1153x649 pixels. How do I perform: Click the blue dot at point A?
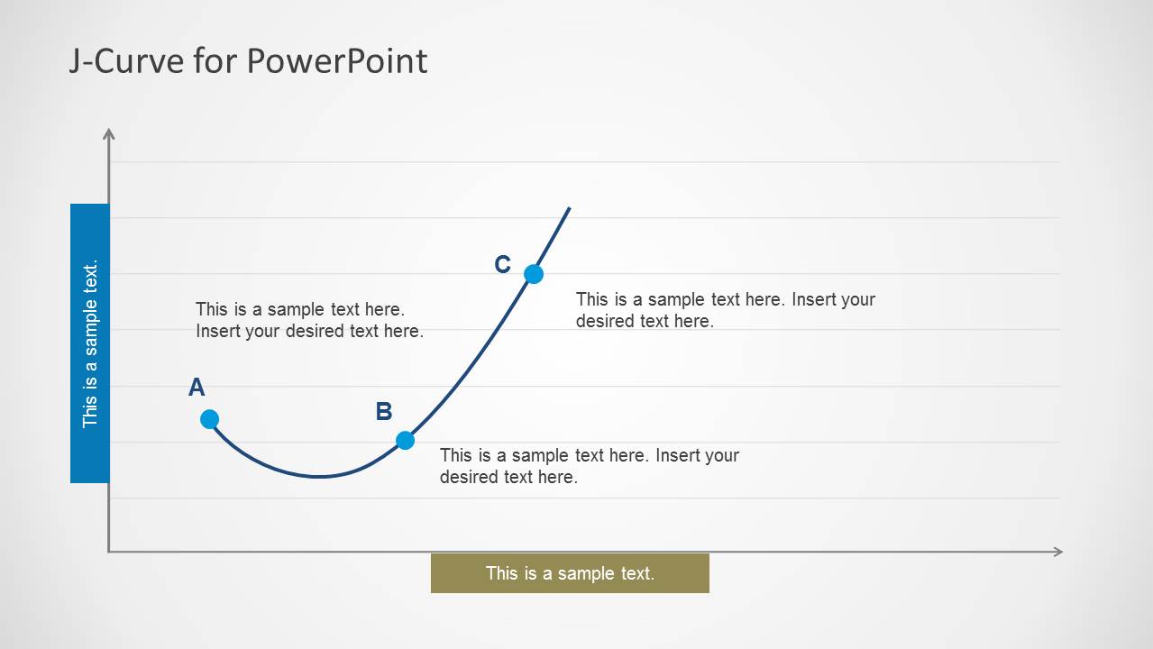point(209,419)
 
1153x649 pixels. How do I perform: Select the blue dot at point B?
point(405,441)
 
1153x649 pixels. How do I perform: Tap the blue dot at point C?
point(534,274)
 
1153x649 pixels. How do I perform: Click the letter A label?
point(197,387)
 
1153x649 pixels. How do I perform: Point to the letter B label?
point(384,411)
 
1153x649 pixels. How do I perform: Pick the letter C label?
point(502,264)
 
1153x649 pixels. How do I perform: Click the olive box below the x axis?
point(570,573)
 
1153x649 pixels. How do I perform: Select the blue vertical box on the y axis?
point(90,343)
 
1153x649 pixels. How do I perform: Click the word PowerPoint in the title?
point(336,61)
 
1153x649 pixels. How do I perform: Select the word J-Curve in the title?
point(126,61)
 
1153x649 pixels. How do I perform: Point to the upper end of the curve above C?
point(570,208)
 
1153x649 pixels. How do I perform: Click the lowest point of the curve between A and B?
point(319,477)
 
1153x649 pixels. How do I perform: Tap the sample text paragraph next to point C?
point(726,310)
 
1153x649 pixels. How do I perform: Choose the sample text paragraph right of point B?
point(590,466)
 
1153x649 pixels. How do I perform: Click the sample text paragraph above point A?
point(309,320)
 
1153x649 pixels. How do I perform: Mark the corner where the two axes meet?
point(108,552)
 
